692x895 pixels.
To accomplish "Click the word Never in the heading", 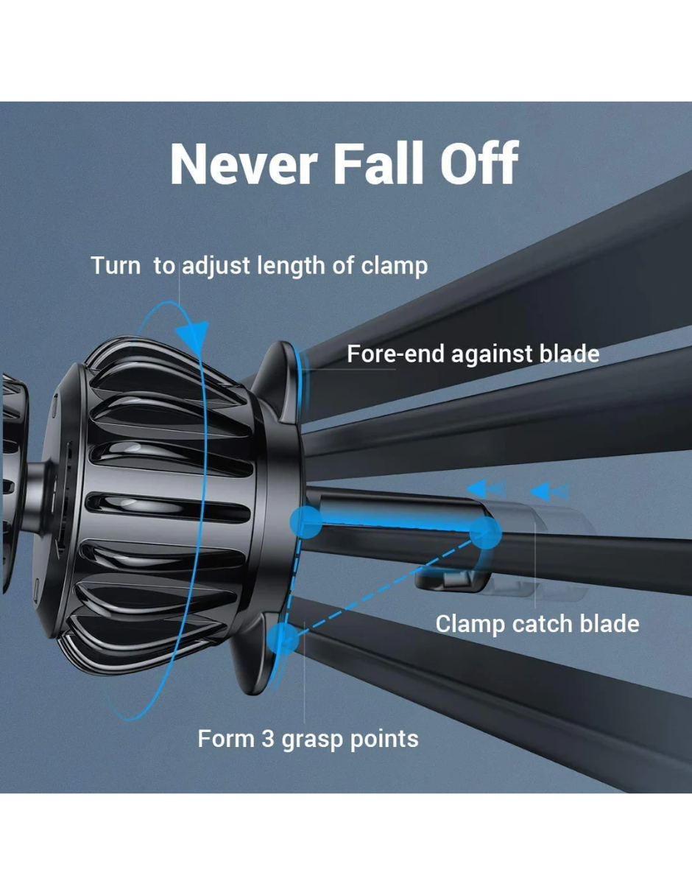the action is [244, 164].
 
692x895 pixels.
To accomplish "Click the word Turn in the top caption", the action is [116, 265].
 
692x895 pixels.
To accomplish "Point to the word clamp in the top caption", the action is [395, 266].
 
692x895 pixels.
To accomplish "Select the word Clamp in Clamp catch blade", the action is [470, 624].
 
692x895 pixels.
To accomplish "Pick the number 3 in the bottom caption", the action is [267, 739].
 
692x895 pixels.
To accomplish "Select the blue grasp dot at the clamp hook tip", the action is [485, 533].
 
